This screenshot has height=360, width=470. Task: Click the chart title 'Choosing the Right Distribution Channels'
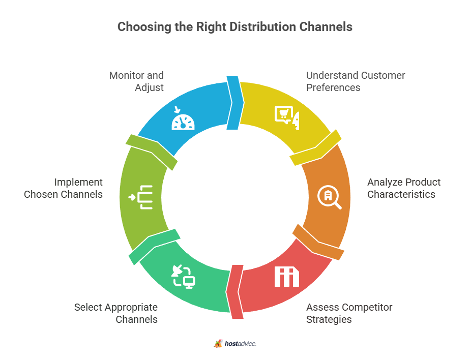[234, 27]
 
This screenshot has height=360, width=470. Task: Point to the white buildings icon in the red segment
[287, 276]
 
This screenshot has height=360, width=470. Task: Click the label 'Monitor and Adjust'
[136, 81]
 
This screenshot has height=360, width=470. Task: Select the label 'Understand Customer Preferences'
[356, 81]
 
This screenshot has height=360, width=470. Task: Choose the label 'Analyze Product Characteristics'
[404, 188]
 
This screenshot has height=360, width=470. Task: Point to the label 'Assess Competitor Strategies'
[349, 313]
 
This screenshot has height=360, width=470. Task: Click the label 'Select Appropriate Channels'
[116, 313]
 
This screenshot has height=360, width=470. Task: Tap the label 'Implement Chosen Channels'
[64, 188]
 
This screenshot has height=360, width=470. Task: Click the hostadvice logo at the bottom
[235, 344]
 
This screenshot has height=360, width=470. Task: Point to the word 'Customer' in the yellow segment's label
[381, 75]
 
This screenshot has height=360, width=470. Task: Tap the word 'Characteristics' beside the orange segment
[401, 194]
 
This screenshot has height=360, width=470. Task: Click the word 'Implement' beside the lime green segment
[79, 182]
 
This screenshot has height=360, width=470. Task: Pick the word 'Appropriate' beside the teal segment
[131, 307]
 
